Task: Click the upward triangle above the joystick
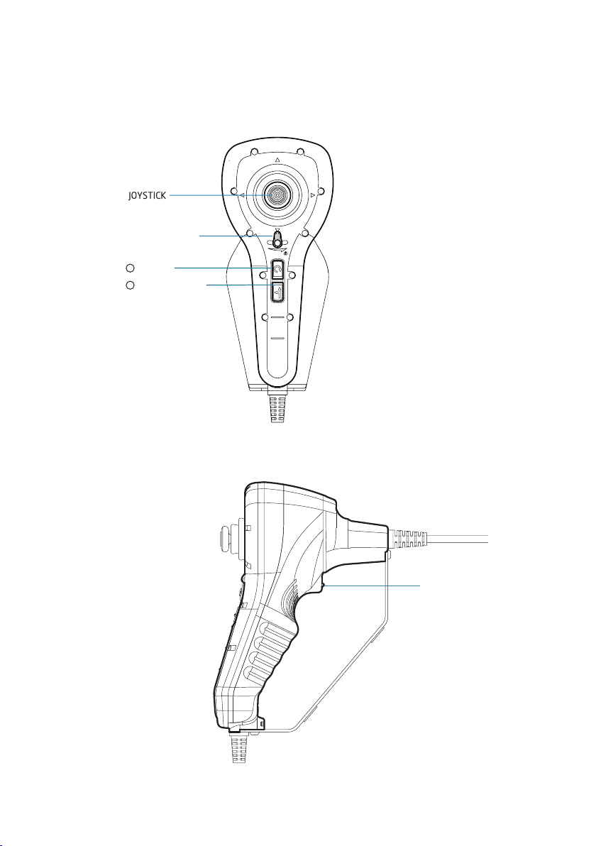(277, 161)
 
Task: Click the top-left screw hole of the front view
(254, 151)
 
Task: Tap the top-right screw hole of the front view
(300, 151)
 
